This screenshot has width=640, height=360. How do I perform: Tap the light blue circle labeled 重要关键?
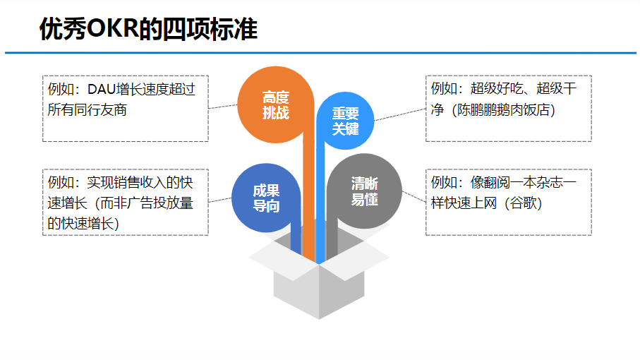[x=346, y=121]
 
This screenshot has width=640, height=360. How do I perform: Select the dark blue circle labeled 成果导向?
[x=266, y=198]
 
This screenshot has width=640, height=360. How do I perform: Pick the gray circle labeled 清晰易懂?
[x=365, y=191]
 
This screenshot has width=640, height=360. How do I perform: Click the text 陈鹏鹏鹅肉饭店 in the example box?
[x=503, y=111]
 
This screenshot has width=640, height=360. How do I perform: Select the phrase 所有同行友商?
[x=87, y=110]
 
